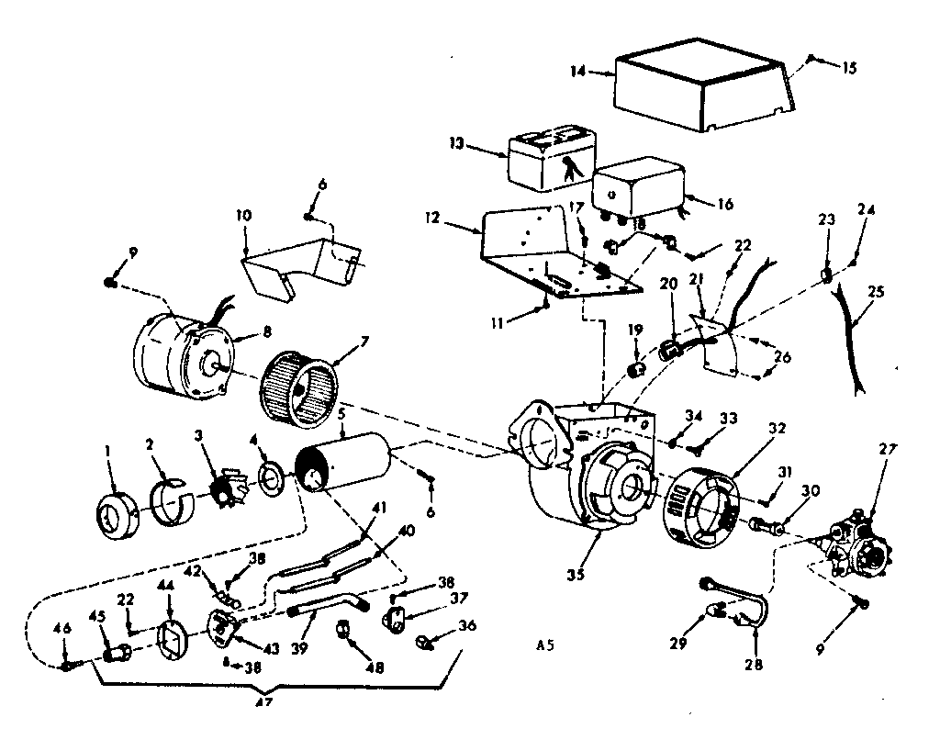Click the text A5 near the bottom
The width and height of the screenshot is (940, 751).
545,645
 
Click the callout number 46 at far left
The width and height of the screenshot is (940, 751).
62,629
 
